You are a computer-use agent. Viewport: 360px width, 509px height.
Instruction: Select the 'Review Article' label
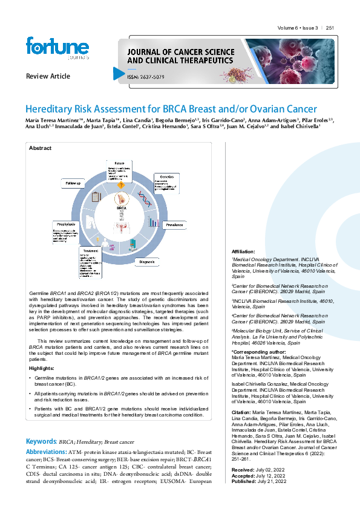point(48,76)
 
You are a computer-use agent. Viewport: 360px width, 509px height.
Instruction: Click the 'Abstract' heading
point(41,148)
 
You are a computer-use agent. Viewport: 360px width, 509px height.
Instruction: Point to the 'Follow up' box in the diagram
point(73,182)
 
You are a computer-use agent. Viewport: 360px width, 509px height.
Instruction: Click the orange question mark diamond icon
point(120,185)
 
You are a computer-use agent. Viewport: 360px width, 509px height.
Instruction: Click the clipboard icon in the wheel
point(95,196)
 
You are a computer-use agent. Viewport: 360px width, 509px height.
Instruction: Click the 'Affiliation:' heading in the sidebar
point(243,251)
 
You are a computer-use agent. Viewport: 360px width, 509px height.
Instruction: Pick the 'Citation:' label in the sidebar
point(243,412)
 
